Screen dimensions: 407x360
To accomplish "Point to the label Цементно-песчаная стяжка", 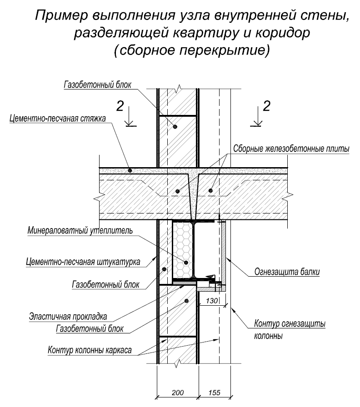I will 57,119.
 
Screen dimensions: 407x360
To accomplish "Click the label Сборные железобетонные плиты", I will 290,149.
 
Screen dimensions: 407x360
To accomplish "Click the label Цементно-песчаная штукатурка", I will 77,262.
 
